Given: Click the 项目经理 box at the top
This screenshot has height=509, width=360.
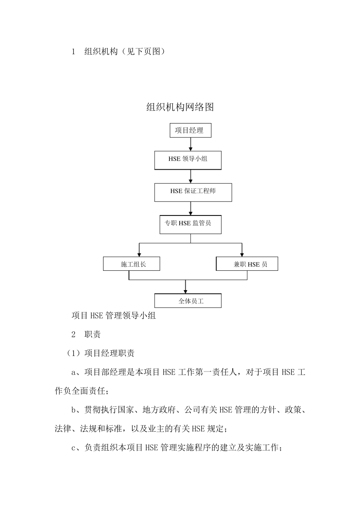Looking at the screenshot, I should (190, 131).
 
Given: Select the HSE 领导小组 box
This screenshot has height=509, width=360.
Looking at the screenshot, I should (188, 160).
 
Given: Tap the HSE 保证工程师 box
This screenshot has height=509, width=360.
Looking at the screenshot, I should (193, 192).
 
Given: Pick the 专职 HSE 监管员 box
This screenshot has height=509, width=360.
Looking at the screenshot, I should (190, 225).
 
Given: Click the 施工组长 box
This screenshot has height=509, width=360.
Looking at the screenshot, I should (131, 264).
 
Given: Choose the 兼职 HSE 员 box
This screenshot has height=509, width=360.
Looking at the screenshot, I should (247, 264).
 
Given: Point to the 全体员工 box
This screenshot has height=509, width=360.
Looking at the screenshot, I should (188, 301).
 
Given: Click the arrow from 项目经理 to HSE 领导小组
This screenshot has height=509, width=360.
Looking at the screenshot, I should (191, 144).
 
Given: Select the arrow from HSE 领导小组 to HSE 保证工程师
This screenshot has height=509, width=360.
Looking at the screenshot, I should (191, 176).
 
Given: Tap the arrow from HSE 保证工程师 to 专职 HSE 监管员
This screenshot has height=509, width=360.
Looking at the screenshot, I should (191, 209).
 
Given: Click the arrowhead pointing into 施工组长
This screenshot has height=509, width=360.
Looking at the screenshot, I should (139, 254).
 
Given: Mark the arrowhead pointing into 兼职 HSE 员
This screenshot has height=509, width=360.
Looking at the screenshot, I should (242, 254).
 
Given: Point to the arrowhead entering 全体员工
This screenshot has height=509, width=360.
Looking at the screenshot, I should (185, 291).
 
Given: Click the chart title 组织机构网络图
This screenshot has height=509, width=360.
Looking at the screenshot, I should (180, 107).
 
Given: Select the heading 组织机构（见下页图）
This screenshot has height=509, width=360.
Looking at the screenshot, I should (125, 52).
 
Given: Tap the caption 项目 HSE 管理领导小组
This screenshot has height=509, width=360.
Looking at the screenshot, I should (114, 315).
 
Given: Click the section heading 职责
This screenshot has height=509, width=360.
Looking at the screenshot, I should (92, 334).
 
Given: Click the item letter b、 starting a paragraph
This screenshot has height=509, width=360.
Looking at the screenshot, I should (77, 410).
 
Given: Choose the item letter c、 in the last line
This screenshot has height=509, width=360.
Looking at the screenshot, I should (77, 448).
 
